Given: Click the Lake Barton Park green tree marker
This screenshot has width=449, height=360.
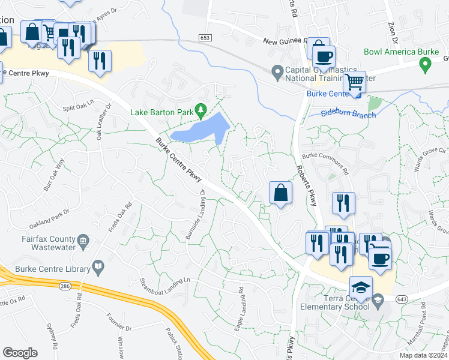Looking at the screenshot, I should point(203,111).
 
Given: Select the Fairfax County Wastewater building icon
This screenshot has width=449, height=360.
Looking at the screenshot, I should point(83,242).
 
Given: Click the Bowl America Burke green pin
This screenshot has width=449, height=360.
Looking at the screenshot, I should point(426,65).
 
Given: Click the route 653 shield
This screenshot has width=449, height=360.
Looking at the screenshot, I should point(205,37).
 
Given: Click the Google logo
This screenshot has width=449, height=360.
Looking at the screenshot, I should point(20,353).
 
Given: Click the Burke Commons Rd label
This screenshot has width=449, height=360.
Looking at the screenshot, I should point(325,162).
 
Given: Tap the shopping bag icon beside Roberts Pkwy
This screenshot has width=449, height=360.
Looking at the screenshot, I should point(280,193).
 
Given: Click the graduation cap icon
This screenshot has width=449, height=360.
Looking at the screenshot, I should point(361,286).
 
